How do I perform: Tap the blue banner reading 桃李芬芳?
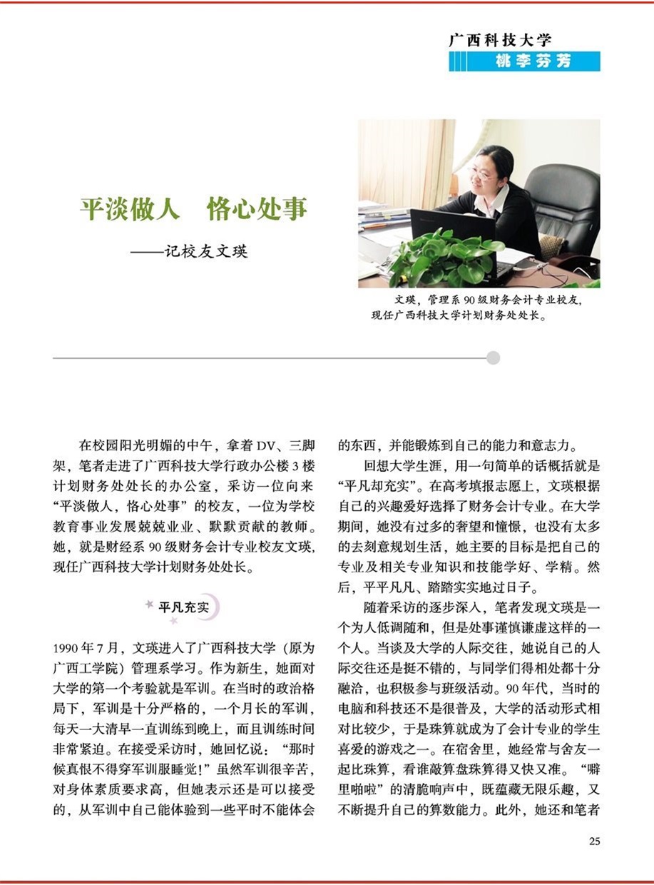click(x=524, y=61)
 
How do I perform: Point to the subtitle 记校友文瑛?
click(x=205, y=251)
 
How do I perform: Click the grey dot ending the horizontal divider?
click(x=493, y=358)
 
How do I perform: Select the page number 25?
click(x=594, y=841)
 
